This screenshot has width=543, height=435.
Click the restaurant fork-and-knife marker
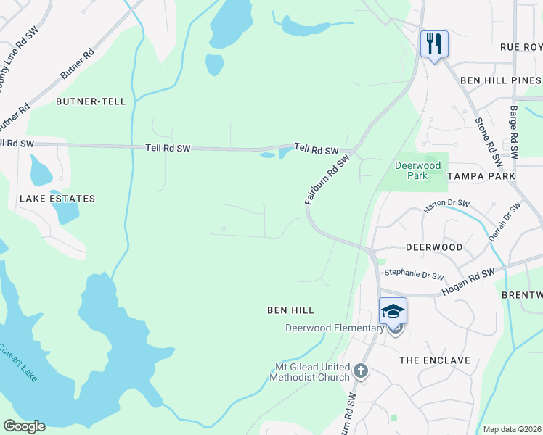[x=434, y=44]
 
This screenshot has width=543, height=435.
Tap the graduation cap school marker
[x=393, y=311]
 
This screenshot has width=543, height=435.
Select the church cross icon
[x=361, y=372]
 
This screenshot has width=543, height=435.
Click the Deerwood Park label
[x=417, y=170]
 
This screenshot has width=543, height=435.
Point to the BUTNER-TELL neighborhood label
[x=91, y=101]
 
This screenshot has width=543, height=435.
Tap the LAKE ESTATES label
[x=57, y=198]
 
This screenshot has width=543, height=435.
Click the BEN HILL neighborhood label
[x=290, y=310]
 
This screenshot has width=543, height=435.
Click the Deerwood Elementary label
[x=334, y=328]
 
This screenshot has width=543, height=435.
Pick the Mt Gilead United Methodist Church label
[x=310, y=372]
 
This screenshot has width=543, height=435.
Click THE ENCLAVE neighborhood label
[x=436, y=360]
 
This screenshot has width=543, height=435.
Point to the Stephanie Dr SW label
[x=414, y=275]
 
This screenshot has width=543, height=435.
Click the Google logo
[x=24, y=426]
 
